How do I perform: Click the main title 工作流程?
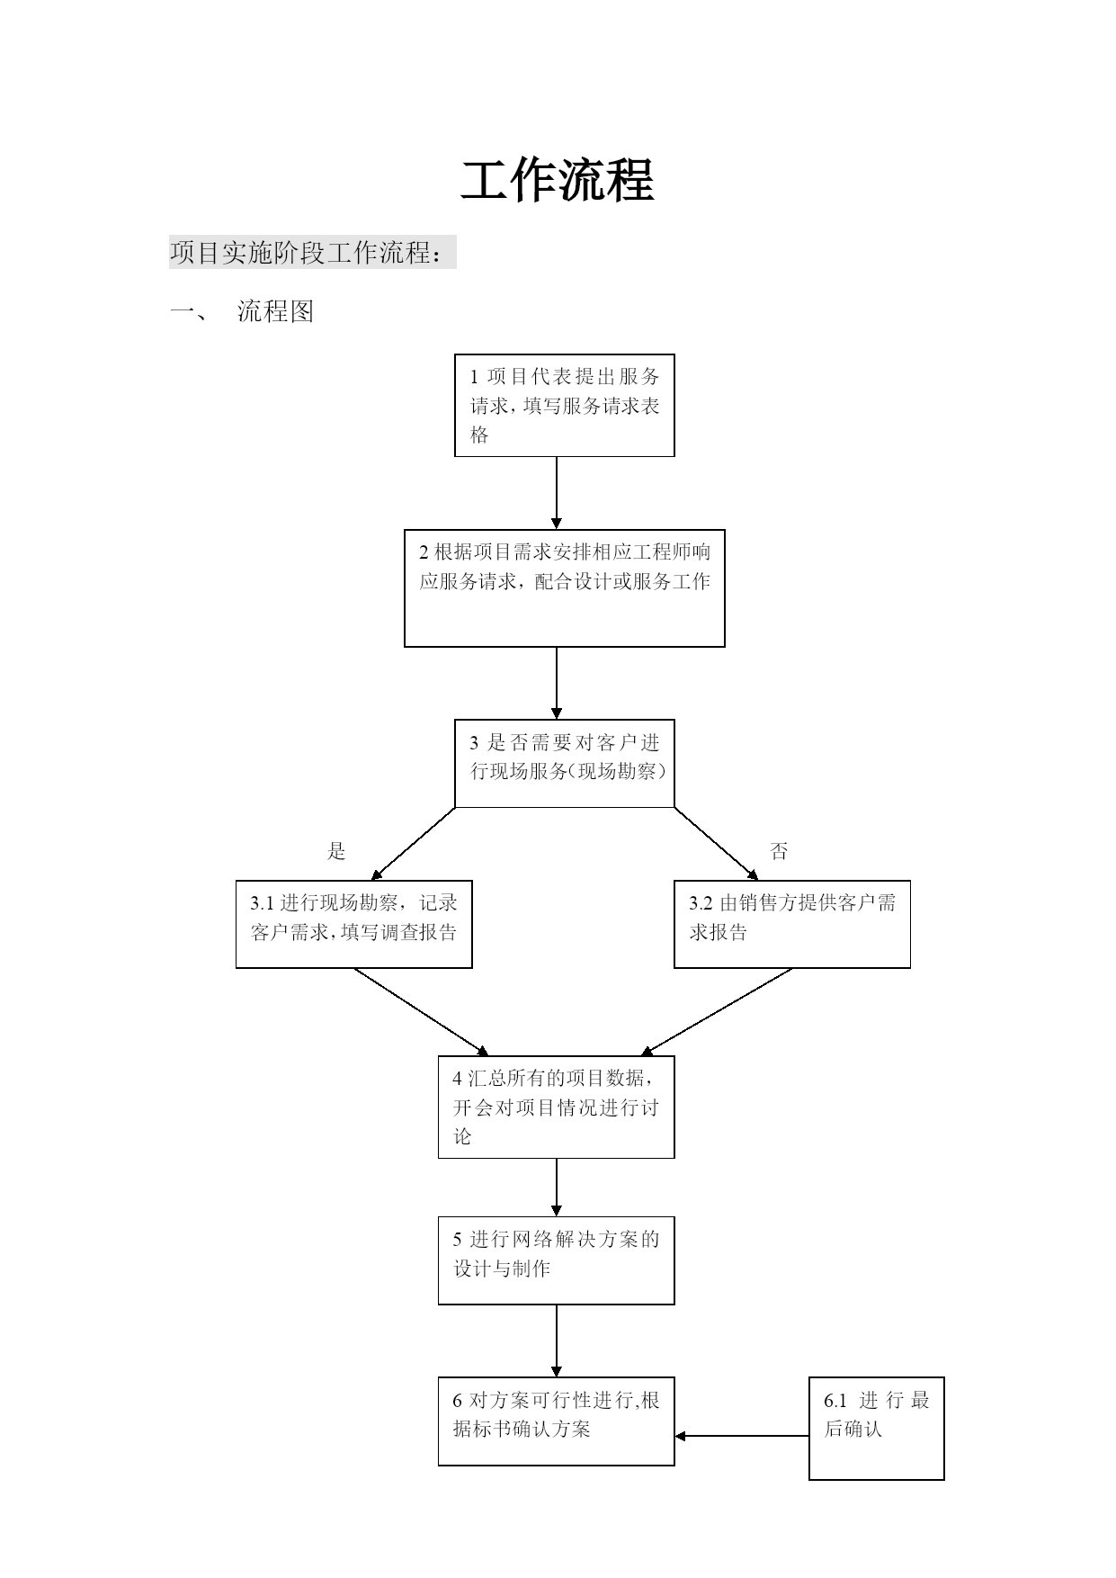557,181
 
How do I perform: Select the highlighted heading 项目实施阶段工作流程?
306,253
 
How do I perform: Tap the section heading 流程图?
275,311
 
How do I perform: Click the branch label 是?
336,851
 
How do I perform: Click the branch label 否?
779,851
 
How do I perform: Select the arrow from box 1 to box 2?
557,493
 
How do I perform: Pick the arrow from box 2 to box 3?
557,683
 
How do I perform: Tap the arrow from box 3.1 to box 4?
422,1012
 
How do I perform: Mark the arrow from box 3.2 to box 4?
717,1012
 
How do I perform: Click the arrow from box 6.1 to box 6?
742,1436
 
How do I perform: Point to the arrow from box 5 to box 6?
557,1340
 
